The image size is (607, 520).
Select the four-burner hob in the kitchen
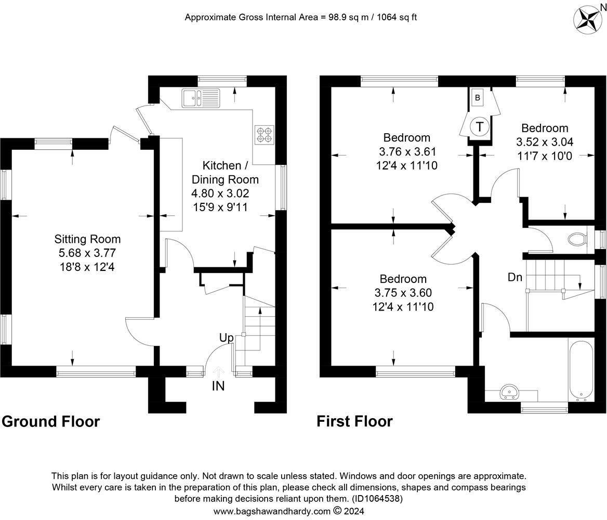[265, 135]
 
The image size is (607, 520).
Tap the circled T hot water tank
[479, 126]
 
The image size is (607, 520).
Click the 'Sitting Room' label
[87, 239]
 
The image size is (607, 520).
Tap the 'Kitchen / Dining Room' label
[226, 173]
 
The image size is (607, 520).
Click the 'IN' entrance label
[218, 386]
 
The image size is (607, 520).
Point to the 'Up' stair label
[227, 337]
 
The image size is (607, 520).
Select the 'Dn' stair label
[515, 277]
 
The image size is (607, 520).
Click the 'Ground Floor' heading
[51, 421]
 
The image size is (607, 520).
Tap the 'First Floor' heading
[354, 421]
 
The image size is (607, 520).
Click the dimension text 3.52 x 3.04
[545, 142]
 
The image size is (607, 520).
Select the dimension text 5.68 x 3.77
[87, 253]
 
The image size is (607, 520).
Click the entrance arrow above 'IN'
[218, 372]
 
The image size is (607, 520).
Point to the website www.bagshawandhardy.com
[272, 511]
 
